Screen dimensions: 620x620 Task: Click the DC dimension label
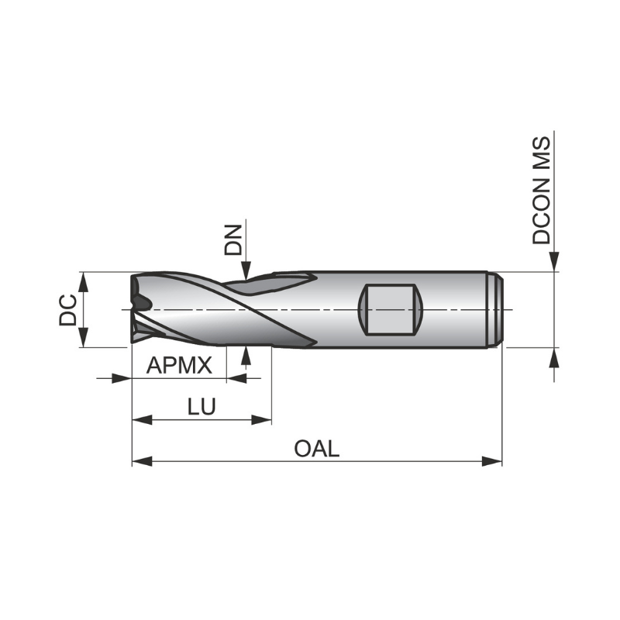68,310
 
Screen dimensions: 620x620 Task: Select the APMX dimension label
179,365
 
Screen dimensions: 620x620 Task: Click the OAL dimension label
316,449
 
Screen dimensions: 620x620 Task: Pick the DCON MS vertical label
542,191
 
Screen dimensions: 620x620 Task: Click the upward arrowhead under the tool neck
246,355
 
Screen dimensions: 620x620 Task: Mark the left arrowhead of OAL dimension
141,461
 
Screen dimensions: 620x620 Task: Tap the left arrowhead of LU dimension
141,420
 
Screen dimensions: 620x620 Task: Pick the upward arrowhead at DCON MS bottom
554,356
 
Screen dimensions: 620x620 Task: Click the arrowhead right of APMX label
236,378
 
